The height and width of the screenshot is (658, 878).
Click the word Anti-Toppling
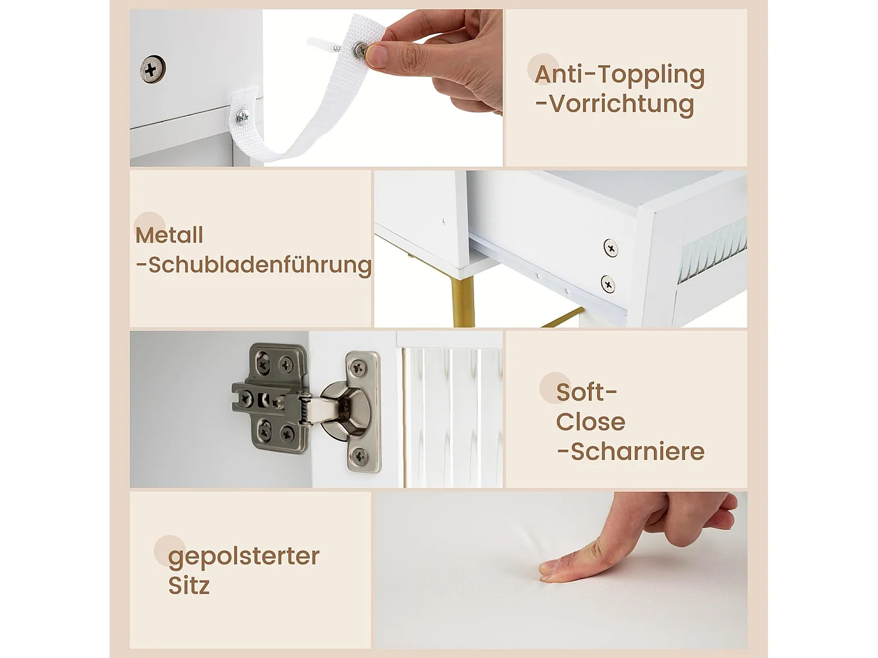[619, 75]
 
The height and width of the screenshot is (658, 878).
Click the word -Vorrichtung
[615, 104]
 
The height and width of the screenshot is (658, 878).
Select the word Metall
[169, 235]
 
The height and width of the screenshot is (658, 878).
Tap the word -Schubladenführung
[253, 265]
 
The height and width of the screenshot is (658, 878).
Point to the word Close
[591, 422]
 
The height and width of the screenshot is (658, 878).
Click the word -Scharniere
[630, 452]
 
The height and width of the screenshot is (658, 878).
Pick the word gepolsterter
[243, 556]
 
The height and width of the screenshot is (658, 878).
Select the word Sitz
[188, 585]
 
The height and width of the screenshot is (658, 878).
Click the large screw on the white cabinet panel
[152, 70]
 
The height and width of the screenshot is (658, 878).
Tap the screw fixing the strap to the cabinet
[242, 118]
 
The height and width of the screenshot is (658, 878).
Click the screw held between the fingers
[361, 50]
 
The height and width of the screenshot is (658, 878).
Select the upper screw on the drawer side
[611, 248]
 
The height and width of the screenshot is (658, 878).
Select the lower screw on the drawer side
[608, 284]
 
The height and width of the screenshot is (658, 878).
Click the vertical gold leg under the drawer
[464, 302]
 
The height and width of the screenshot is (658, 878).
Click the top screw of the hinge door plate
[358, 368]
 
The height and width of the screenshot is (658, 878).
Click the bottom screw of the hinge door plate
[359, 456]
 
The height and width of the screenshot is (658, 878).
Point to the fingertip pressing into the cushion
[547, 571]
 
